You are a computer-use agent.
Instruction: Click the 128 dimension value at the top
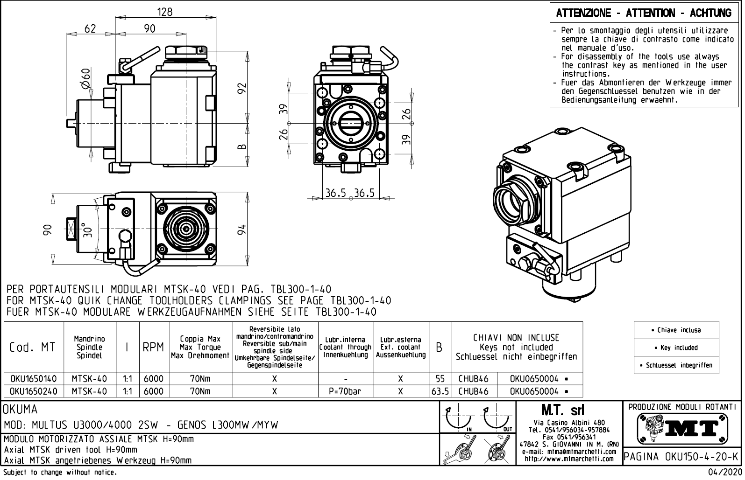pyautogui.click(x=165, y=12)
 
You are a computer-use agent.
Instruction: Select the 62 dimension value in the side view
pyautogui.click(x=90, y=28)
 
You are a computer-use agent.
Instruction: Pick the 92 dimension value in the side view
pyautogui.click(x=241, y=88)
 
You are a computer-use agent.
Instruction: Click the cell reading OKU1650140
pyautogui.click(x=33, y=379)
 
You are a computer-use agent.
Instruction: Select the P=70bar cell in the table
pyautogui.click(x=345, y=391)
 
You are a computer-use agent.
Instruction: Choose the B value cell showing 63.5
pyautogui.click(x=440, y=391)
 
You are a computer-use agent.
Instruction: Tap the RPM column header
pyautogui.click(x=153, y=348)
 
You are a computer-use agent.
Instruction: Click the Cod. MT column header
pyautogui.click(x=32, y=348)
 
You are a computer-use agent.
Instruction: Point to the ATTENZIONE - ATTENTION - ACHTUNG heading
pyautogui.click(x=644, y=13)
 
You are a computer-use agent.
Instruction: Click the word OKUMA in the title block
pyautogui.click(x=20, y=410)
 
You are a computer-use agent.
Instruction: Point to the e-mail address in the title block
pyautogui.click(x=569, y=452)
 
